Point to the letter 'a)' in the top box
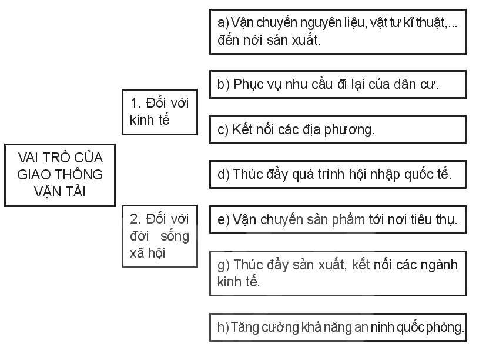(x=223, y=23)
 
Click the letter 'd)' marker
(x=223, y=175)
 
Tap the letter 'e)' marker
(x=223, y=219)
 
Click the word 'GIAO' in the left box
(x=32, y=175)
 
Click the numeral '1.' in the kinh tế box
(x=136, y=104)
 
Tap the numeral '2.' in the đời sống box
(x=136, y=219)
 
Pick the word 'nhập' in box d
(x=385, y=175)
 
